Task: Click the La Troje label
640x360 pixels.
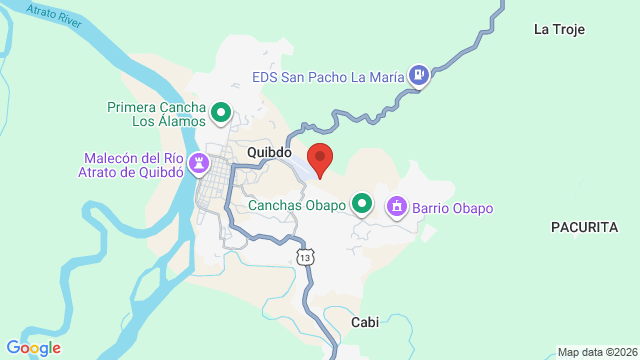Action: (x=558, y=29)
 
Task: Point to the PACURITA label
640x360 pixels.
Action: (x=585, y=228)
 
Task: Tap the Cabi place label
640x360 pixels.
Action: (x=364, y=322)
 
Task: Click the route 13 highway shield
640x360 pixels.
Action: (x=305, y=258)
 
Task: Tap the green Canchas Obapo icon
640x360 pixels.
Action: (x=363, y=206)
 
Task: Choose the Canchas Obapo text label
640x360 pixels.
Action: (x=299, y=206)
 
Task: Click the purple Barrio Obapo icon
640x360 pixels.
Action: (x=397, y=207)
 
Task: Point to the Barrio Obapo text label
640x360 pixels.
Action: (x=453, y=208)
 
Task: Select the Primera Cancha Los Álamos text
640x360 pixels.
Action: (x=157, y=114)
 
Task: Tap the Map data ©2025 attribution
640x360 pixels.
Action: (x=596, y=352)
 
